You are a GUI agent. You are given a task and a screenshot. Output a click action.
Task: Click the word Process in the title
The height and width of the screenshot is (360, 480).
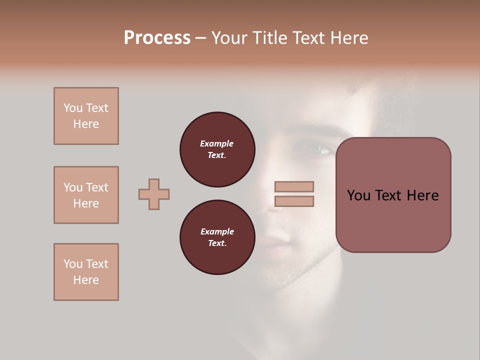[157, 38]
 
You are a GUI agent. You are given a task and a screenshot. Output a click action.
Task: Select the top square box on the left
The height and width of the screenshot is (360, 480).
[86, 116]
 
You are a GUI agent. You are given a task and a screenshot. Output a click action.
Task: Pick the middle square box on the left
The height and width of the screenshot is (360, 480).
[86, 195]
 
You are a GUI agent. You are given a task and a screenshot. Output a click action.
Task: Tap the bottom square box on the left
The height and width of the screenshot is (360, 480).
[86, 272]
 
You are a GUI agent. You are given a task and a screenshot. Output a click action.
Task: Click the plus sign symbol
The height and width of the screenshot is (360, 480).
[154, 194]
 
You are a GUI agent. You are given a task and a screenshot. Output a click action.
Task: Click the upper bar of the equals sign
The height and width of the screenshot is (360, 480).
[294, 187]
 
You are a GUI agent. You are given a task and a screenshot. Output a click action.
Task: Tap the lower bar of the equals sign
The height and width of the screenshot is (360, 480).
[294, 201]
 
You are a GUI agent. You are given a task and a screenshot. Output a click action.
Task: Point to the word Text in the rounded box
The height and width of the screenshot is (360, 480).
[392, 195]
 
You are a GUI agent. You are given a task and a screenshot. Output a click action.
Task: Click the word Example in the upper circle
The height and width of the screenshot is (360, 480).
[217, 143]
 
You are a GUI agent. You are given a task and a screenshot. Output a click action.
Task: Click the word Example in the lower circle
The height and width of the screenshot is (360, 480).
[217, 231]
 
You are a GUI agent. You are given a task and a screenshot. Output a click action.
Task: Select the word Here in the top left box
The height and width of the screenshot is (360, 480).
[86, 124]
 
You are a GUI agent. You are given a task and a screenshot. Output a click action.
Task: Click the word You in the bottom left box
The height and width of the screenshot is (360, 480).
[73, 264]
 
